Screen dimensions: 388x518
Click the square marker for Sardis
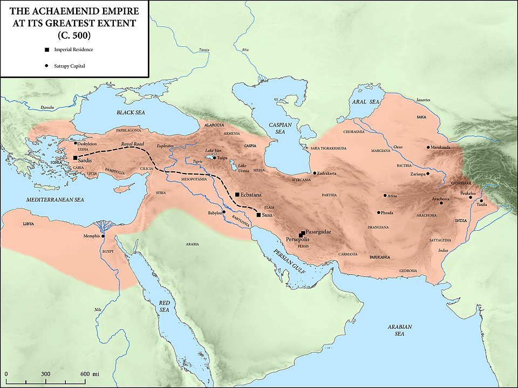(75, 158)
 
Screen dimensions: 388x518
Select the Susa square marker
(259, 214)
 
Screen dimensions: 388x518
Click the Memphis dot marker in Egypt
(103, 235)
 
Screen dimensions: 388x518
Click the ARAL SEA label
(366, 101)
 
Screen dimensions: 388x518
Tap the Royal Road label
(133, 144)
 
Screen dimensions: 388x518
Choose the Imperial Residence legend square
(47, 50)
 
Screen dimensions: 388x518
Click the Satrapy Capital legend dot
(47, 66)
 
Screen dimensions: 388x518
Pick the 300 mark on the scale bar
(46, 374)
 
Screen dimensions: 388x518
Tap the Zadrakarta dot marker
(315, 174)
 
